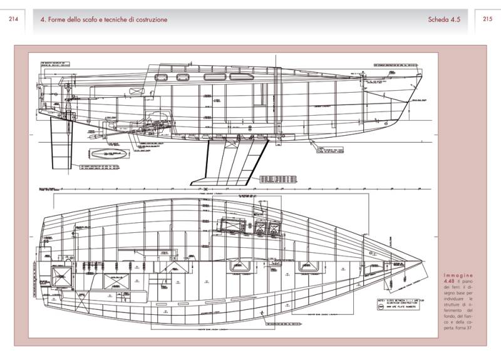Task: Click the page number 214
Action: point(13,19)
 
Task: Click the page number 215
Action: point(488,19)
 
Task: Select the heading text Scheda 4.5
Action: point(444,19)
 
